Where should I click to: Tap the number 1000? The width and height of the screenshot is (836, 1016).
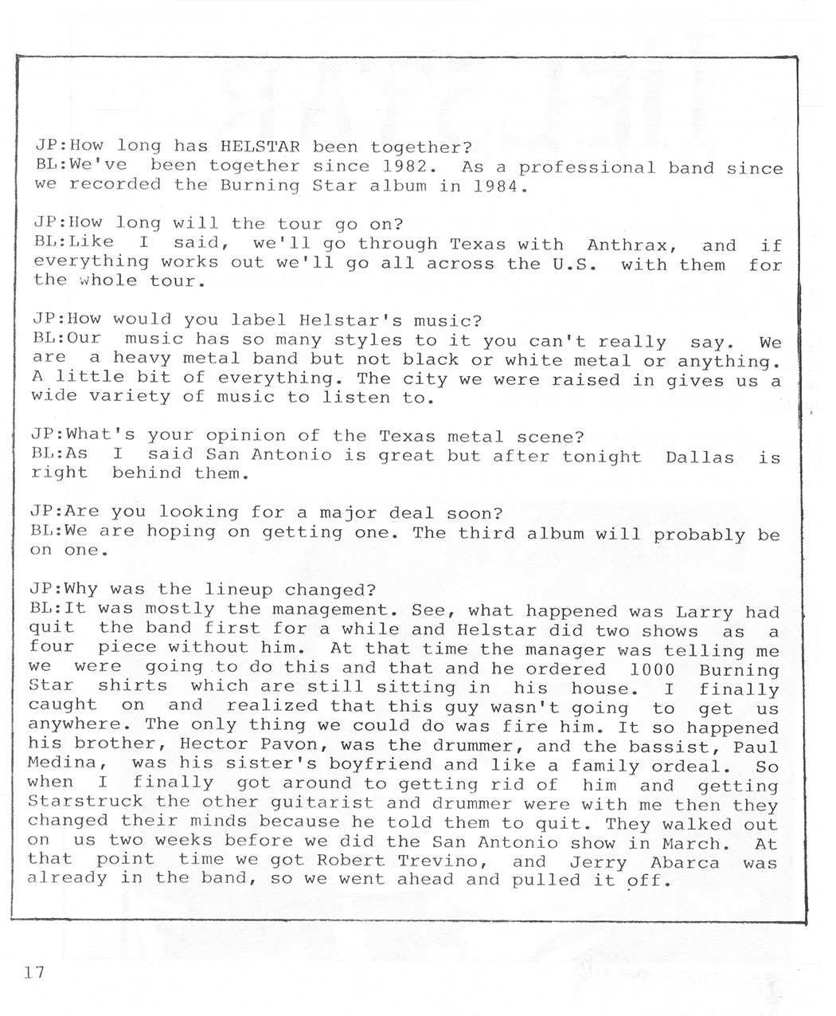pos(651,669)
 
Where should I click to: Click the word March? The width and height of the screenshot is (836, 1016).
pos(691,842)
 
